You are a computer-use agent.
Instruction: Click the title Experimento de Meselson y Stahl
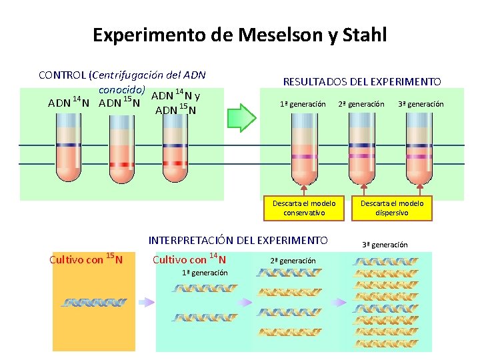(239, 34)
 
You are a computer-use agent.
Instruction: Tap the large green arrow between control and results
(242, 118)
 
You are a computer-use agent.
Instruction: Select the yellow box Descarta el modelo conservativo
(304, 207)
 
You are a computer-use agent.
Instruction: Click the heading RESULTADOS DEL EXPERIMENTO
(362, 82)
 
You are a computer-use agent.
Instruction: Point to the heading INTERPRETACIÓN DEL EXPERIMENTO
(238, 240)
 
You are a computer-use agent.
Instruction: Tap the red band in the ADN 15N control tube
(121, 164)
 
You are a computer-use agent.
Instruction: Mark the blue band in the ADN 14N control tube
(67, 145)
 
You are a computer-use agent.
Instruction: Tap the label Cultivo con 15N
(82, 259)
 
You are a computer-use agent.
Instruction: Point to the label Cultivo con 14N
(189, 259)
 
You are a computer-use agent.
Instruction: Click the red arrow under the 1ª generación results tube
(304, 187)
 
